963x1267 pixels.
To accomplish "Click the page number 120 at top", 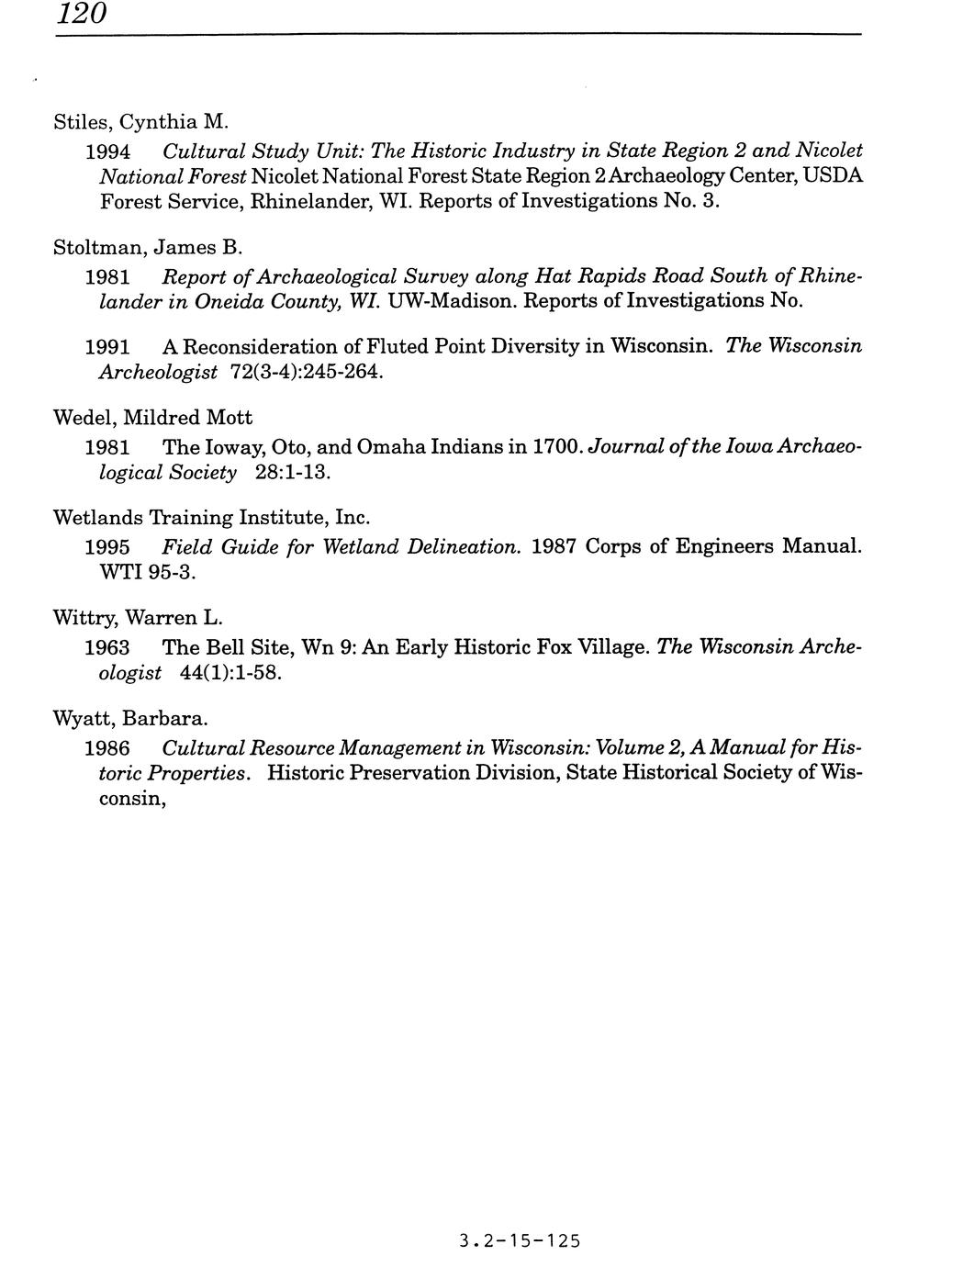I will point(82,14).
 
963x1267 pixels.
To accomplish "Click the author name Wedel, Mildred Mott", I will point(152,419).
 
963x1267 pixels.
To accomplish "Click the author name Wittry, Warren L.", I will point(139,618).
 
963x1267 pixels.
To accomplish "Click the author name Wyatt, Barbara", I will point(130,719).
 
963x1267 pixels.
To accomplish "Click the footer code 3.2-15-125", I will point(521,1242).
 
